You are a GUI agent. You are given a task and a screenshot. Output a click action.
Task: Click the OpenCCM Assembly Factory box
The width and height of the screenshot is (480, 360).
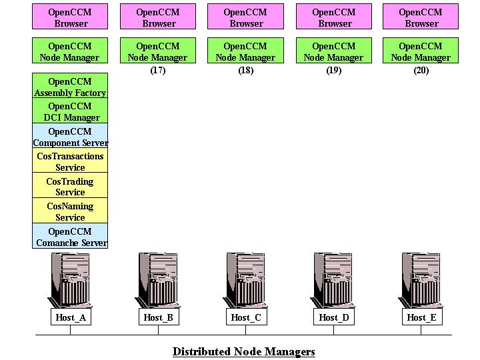coord(70,87)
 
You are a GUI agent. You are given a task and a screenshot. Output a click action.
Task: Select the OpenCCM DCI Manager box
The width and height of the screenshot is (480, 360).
coord(70,112)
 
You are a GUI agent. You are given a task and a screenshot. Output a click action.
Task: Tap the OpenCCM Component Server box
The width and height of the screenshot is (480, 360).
coord(70,137)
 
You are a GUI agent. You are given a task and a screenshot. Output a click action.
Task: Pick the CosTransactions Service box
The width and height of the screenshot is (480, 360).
coord(70,162)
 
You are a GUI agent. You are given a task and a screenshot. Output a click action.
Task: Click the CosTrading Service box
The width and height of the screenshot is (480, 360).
coord(70,187)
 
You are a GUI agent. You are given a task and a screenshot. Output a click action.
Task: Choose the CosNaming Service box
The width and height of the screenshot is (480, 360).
coord(70,211)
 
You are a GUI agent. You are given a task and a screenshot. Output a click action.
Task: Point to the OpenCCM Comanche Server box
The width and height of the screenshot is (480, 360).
coord(70,237)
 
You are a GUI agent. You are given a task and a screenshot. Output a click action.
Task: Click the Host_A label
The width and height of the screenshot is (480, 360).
coord(70,317)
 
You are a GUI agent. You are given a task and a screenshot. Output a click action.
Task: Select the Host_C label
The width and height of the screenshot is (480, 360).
coord(246,317)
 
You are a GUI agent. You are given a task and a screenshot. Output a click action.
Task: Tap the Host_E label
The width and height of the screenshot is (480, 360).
coord(421,317)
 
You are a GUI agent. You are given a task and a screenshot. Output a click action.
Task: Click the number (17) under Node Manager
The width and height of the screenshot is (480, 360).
coord(158,71)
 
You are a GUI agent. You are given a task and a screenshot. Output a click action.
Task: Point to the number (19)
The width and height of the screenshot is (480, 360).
coord(334,71)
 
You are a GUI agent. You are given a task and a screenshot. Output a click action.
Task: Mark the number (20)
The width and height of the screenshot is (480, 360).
coord(421,71)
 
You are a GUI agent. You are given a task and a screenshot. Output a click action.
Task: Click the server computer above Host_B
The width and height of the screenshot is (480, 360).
coord(158,279)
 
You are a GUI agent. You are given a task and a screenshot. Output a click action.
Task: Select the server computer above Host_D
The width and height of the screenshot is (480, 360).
coord(333,279)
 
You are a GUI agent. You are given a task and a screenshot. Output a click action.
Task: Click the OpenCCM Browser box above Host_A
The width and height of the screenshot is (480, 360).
coord(70,17)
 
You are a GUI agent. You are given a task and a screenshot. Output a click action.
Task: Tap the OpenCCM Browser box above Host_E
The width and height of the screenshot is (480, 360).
coord(421,17)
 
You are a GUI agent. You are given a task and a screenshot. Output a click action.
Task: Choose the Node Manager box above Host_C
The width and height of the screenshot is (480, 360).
coord(246,51)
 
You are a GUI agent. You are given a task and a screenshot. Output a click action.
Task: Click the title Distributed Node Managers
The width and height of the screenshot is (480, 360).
coord(243,351)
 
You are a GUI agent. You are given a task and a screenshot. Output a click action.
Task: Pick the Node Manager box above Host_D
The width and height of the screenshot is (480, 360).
coord(333,51)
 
